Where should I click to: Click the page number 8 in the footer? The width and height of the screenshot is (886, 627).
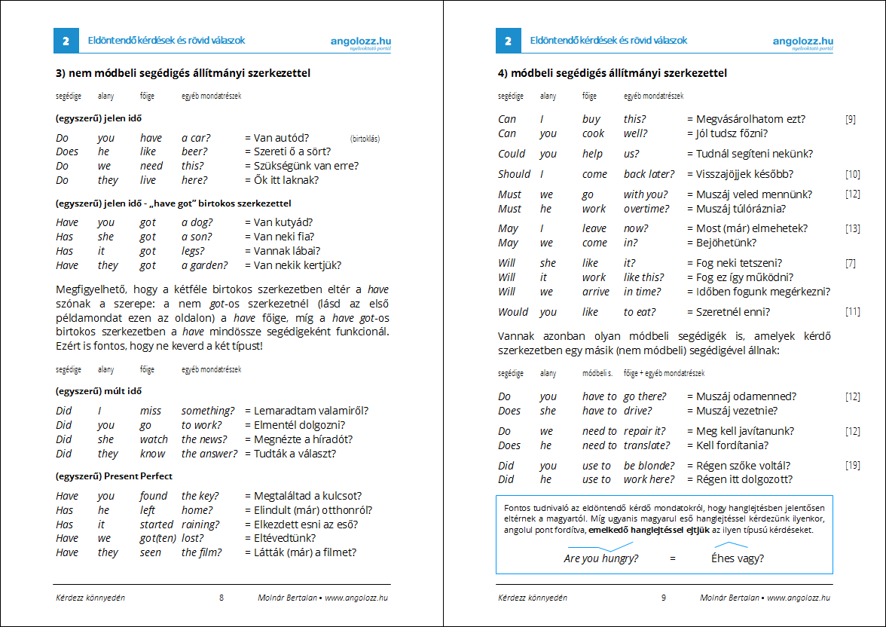(x=221, y=598)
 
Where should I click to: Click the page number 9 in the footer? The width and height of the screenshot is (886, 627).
(x=664, y=598)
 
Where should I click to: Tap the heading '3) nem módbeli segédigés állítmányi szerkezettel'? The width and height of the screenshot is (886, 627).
(x=183, y=73)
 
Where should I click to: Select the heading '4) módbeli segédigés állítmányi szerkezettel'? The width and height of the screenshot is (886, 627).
(x=613, y=73)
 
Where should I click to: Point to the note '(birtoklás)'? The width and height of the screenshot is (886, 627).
(x=365, y=139)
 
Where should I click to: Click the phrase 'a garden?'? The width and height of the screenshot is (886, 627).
(x=204, y=265)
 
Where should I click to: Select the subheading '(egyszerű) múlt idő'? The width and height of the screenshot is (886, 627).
(x=99, y=391)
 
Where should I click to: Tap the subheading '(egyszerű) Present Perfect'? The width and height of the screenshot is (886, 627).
(x=114, y=476)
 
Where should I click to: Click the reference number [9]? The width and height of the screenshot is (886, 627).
(x=850, y=119)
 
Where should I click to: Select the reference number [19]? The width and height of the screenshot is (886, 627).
(x=852, y=466)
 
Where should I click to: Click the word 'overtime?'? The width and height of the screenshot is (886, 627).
(x=646, y=209)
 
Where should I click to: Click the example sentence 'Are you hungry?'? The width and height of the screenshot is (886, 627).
(x=601, y=558)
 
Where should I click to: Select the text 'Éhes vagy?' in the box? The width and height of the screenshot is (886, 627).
(x=738, y=558)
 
